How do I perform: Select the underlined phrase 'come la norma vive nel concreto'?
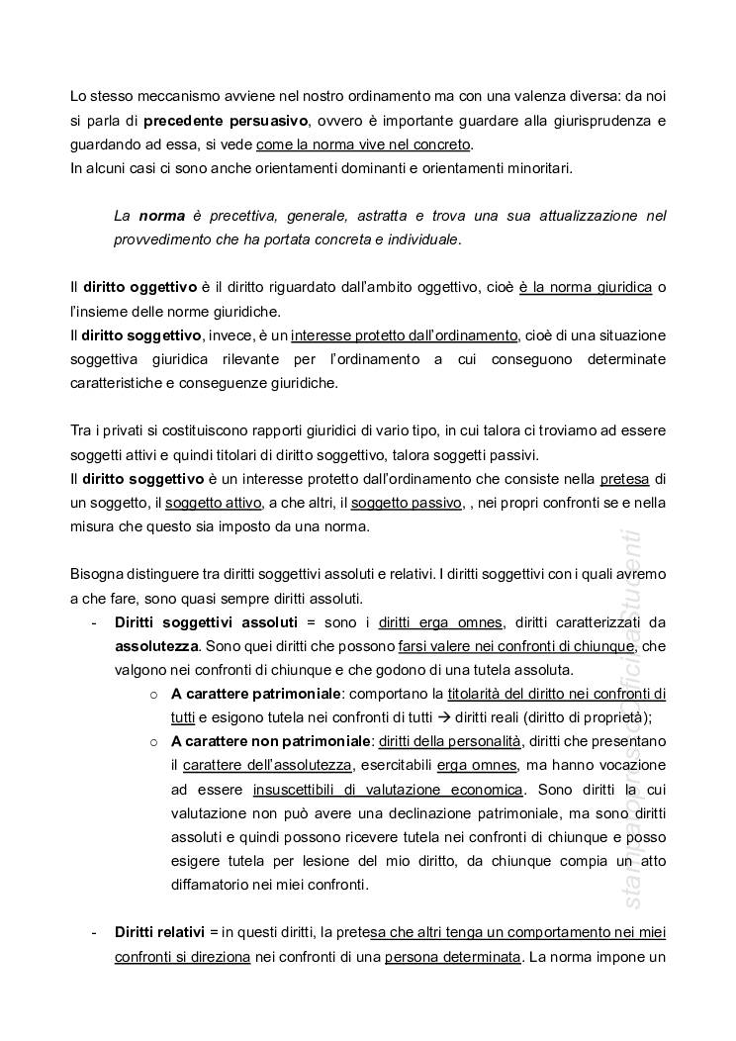click(363, 145)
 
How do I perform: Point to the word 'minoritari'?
click(538, 169)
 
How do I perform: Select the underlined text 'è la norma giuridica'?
click(586, 287)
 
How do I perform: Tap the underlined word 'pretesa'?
click(624, 479)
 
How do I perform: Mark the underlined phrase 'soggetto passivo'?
click(407, 503)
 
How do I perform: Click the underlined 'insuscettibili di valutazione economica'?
click(388, 790)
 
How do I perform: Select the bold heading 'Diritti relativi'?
click(160, 933)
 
